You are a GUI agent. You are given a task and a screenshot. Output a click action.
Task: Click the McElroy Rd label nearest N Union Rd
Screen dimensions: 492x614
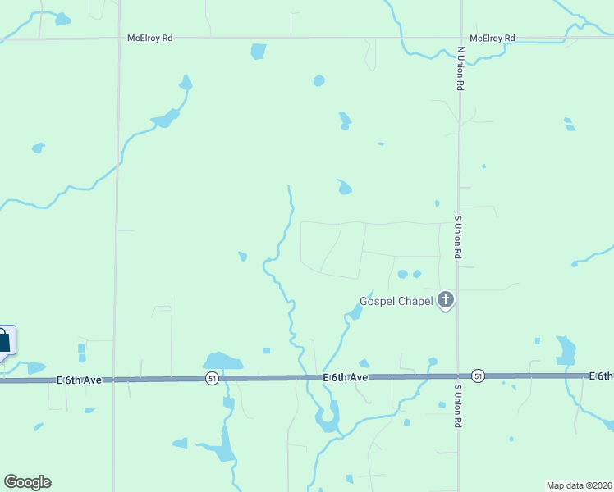(x=492, y=39)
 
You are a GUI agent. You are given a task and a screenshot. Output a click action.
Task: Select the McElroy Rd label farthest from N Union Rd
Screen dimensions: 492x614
(x=149, y=38)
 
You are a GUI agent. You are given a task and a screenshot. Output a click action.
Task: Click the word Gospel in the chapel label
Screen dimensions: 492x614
(x=378, y=302)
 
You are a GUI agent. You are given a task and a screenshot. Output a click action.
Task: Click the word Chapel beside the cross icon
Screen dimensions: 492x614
(x=416, y=302)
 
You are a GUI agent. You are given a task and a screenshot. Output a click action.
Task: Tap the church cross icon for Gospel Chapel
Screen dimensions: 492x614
(x=446, y=300)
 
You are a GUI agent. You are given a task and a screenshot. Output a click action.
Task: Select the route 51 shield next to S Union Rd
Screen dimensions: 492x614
(x=479, y=376)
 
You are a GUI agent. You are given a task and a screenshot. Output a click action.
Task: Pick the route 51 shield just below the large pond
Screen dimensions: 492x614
(x=212, y=378)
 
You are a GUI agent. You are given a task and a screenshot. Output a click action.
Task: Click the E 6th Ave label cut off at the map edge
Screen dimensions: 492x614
(x=601, y=376)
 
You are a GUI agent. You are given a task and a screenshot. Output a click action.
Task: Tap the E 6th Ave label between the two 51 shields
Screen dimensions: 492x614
(x=345, y=377)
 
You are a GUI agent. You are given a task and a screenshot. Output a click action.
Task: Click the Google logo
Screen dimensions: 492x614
(x=27, y=482)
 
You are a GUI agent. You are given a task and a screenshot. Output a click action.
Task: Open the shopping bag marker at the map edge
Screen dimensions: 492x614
(x=5, y=340)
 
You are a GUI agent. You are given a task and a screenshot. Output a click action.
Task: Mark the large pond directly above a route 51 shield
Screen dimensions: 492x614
(x=222, y=361)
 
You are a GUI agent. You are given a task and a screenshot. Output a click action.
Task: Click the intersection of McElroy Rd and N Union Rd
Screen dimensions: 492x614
(x=460, y=38)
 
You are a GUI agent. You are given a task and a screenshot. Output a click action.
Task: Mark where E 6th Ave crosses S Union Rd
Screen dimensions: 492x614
(x=458, y=376)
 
